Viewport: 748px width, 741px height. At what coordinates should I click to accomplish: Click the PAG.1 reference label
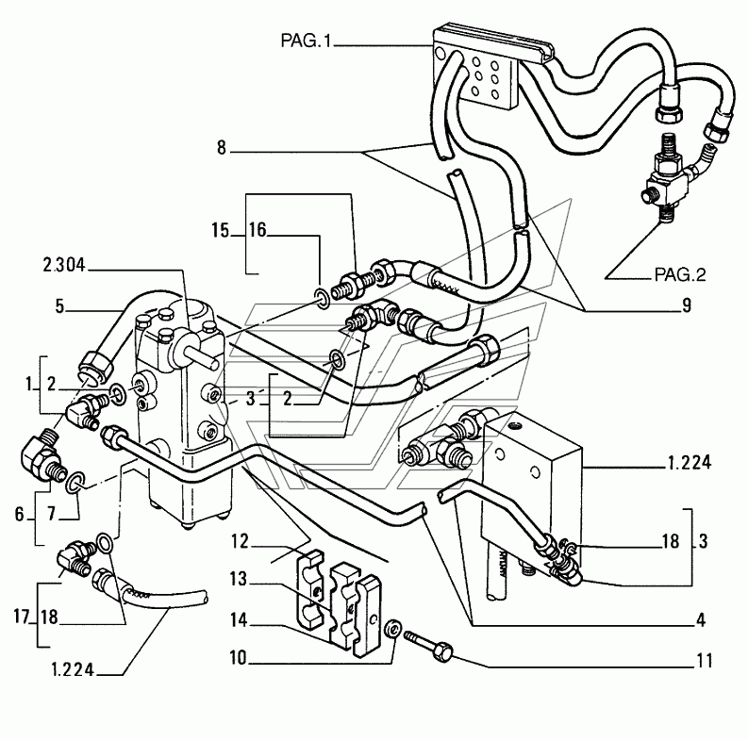click(306, 41)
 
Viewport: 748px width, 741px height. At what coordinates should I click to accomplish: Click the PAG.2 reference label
click(680, 274)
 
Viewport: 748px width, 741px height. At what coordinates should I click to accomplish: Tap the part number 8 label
click(222, 147)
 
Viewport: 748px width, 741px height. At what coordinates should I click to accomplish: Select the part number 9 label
click(687, 305)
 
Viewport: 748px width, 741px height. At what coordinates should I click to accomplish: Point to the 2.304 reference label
click(64, 265)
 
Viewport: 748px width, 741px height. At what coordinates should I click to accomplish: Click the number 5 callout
click(59, 306)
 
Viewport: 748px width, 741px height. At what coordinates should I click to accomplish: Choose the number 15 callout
click(221, 230)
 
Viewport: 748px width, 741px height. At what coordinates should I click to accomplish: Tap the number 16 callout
click(258, 230)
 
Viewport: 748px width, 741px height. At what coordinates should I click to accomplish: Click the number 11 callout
click(705, 661)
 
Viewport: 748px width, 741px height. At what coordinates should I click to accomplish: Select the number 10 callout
click(238, 658)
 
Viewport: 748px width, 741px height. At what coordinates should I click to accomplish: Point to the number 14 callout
click(239, 620)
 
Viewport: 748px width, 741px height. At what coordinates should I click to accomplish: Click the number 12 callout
click(241, 542)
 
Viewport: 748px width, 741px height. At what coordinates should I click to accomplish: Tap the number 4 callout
click(700, 620)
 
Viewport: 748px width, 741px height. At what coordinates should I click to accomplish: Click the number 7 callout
click(52, 514)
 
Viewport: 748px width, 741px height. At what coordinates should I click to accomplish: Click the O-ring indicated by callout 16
click(323, 297)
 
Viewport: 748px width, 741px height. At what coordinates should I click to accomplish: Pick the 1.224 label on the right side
click(690, 463)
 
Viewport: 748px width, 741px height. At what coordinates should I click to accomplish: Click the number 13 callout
click(239, 580)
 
